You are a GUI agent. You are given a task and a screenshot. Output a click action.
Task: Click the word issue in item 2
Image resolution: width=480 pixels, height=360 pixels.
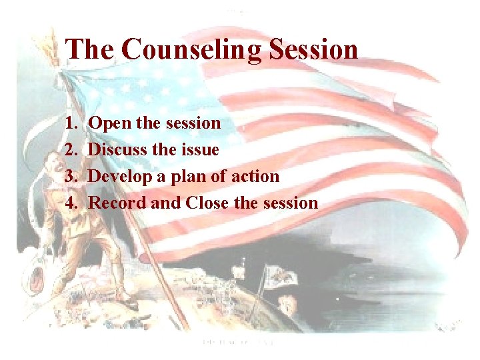point(199,150)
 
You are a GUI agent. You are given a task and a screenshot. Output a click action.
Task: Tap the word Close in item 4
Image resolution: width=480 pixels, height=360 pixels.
point(208,203)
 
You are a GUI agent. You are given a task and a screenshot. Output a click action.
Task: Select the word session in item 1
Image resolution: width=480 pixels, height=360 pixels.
point(193,123)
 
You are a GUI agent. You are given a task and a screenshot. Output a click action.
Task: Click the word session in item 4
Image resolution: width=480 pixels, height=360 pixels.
point(290,203)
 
